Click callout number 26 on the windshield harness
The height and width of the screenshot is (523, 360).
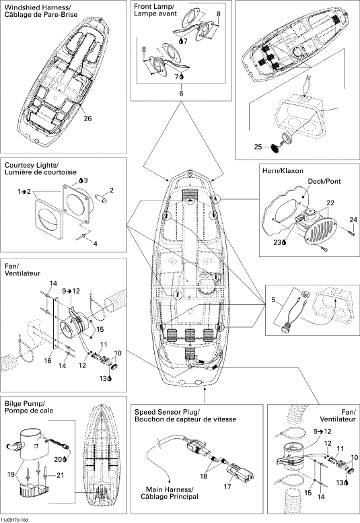87,118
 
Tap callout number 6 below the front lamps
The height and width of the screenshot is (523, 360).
181,93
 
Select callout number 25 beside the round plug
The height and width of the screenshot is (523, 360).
258,147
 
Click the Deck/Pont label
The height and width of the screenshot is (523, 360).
324,181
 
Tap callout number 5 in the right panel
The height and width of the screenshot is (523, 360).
273,300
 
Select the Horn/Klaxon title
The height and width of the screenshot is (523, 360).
283,171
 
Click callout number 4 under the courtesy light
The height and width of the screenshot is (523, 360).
96,244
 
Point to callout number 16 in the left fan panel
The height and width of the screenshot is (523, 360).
48,360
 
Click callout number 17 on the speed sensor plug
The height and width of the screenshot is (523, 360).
227,487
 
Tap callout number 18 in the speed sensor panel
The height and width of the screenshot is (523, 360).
204,476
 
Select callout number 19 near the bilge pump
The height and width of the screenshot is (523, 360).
11,474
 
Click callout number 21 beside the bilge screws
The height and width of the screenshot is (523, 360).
61,475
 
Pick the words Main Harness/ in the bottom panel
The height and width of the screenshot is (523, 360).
170,489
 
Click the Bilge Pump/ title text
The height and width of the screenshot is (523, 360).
25,403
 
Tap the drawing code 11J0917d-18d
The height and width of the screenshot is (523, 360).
15,520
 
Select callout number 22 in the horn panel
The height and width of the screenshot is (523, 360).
330,203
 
